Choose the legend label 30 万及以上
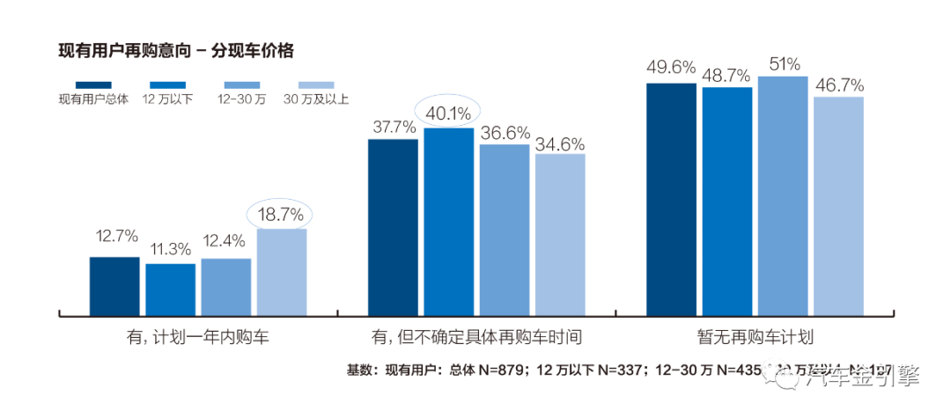click(x=316, y=99)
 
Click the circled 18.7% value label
click(x=281, y=214)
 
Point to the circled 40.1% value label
click(x=448, y=113)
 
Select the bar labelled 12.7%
click(x=114, y=286)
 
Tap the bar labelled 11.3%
click(x=170, y=290)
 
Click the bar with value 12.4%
click(x=225, y=287)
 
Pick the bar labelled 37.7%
click(x=393, y=226)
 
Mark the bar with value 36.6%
click(x=505, y=229)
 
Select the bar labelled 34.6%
click(x=560, y=234)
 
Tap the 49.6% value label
click(x=671, y=68)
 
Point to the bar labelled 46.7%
click(x=838, y=205)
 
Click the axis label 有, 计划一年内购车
click(x=198, y=337)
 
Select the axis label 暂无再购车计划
click(x=755, y=337)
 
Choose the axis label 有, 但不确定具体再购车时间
click(x=476, y=337)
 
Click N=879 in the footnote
click(x=499, y=370)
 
